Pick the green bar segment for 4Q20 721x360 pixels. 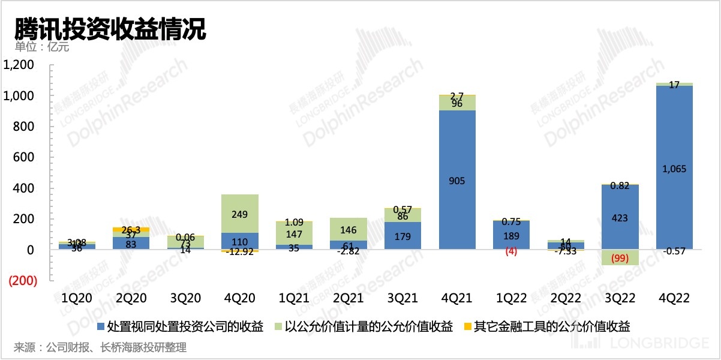[x=240, y=214]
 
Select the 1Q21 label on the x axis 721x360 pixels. [x=294, y=298]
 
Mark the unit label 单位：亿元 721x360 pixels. [x=42, y=47]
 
